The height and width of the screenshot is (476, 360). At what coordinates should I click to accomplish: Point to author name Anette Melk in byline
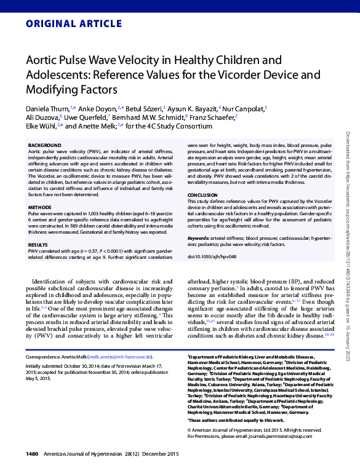(x=97, y=126)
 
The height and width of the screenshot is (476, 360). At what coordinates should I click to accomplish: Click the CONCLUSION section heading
(x=202, y=194)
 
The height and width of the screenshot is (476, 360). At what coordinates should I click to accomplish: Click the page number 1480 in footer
(x=33, y=454)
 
